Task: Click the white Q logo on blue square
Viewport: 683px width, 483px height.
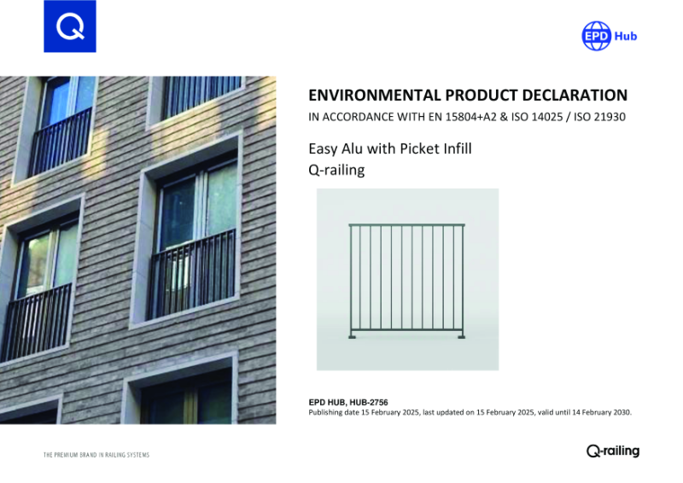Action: coord(69,26)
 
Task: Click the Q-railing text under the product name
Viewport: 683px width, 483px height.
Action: coord(336,170)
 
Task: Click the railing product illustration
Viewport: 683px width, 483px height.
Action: coord(407,279)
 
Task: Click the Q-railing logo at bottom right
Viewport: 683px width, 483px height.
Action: coord(612,451)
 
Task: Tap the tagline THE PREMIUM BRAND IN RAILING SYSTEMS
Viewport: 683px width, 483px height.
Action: coord(96,455)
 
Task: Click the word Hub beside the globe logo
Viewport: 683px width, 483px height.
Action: coord(626,37)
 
